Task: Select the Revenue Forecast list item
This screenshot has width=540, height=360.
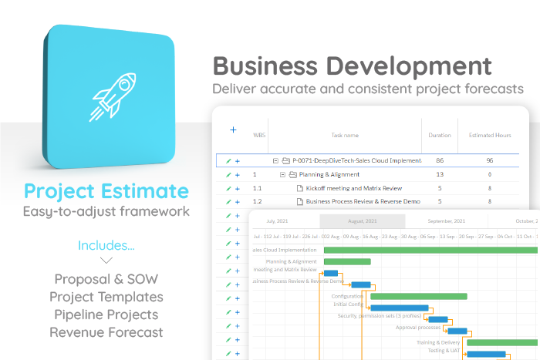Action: pos(106,332)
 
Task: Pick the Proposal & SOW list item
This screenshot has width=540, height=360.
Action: pos(106,279)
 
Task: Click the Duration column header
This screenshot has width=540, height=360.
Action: pos(440,135)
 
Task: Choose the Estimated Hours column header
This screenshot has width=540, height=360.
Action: pos(490,135)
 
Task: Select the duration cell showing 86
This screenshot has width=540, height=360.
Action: pos(440,160)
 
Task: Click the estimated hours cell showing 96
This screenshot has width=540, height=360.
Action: pos(490,160)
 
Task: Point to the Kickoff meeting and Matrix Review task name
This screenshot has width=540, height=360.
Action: pos(353,188)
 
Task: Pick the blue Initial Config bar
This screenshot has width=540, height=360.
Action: pos(400,308)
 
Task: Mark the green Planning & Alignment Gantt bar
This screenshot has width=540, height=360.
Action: pos(347,262)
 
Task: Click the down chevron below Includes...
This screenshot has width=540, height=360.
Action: pos(106,261)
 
